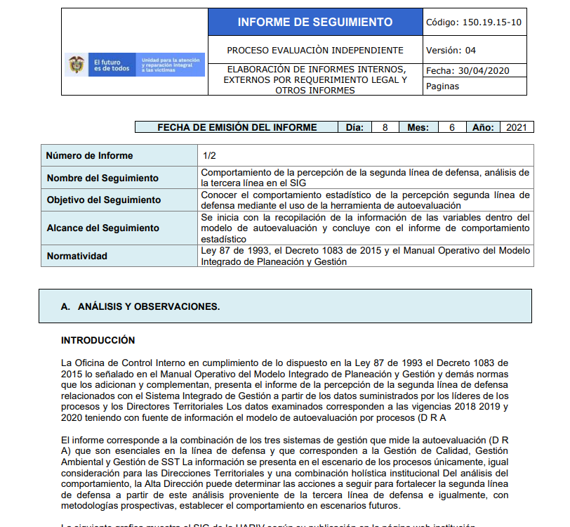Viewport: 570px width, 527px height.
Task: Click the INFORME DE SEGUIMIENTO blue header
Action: click(314, 22)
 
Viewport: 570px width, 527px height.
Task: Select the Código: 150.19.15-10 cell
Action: click(474, 22)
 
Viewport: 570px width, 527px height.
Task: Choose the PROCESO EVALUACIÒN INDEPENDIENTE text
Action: click(315, 50)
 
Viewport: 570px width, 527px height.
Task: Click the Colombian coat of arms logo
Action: click(76, 65)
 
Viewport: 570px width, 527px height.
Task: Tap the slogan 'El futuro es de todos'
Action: click(112, 65)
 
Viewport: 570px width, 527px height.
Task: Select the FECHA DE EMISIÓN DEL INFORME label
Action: click(237, 127)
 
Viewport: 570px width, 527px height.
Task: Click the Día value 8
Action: click(385, 127)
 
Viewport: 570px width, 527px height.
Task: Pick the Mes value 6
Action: click(452, 127)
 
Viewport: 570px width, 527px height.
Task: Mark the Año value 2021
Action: click(516, 127)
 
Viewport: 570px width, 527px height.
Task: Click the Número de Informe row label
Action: click(89, 155)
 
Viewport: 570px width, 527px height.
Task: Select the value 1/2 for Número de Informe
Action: click(209, 155)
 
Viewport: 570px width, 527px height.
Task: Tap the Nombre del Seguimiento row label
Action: click(102, 178)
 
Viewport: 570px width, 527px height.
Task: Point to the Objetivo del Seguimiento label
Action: click(104, 200)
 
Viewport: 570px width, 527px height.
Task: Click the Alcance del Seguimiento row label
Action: click(102, 228)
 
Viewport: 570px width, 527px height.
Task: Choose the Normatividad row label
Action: click(77, 256)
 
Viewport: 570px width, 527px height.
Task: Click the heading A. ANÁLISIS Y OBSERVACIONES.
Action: click(140, 306)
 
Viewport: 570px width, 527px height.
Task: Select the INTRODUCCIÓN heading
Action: click(98, 340)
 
